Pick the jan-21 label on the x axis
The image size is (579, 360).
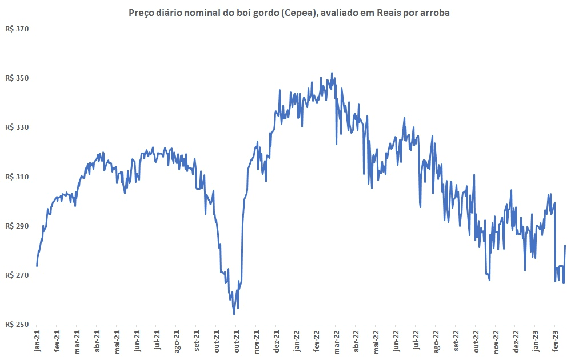pos(37,341)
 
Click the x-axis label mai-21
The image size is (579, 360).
pos(116,341)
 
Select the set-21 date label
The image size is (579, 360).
pos(196,341)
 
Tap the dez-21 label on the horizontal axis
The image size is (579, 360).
pos(275,341)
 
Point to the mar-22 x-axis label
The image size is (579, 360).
pos(336,341)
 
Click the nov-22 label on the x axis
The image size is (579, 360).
pos(495,341)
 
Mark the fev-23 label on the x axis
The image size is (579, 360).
pos(555,341)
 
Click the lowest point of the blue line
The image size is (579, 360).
pos(234,314)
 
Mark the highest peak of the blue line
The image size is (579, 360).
pos(332,73)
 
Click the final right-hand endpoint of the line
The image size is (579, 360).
pos(565,246)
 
